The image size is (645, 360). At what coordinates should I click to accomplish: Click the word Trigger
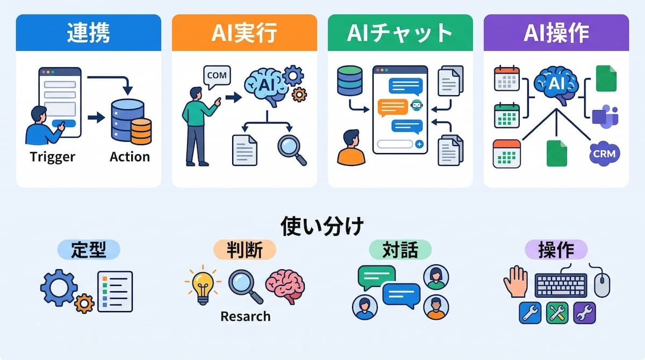(x=52, y=157)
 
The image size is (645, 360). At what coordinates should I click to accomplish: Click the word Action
(x=130, y=157)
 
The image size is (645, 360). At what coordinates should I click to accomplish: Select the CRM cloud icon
(x=604, y=154)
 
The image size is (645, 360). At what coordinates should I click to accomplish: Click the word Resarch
(x=245, y=316)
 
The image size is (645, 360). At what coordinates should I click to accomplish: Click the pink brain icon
(x=285, y=286)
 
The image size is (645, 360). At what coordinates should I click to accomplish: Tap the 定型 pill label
(x=89, y=249)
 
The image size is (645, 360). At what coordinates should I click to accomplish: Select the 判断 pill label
(x=245, y=249)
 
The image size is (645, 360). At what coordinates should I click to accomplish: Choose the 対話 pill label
(x=400, y=249)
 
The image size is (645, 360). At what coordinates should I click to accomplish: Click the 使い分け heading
(x=322, y=226)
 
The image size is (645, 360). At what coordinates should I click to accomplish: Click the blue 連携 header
(x=89, y=33)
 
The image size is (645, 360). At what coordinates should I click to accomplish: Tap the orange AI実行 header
(x=245, y=33)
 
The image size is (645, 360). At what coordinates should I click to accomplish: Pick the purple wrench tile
(x=584, y=313)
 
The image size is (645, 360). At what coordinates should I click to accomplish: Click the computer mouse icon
(x=602, y=285)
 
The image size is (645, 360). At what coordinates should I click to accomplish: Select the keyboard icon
(x=561, y=285)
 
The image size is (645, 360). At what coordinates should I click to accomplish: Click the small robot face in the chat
(x=417, y=105)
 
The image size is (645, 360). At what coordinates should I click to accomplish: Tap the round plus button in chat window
(x=419, y=144)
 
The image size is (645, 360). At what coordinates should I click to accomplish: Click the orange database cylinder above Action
(x=141, y=131)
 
